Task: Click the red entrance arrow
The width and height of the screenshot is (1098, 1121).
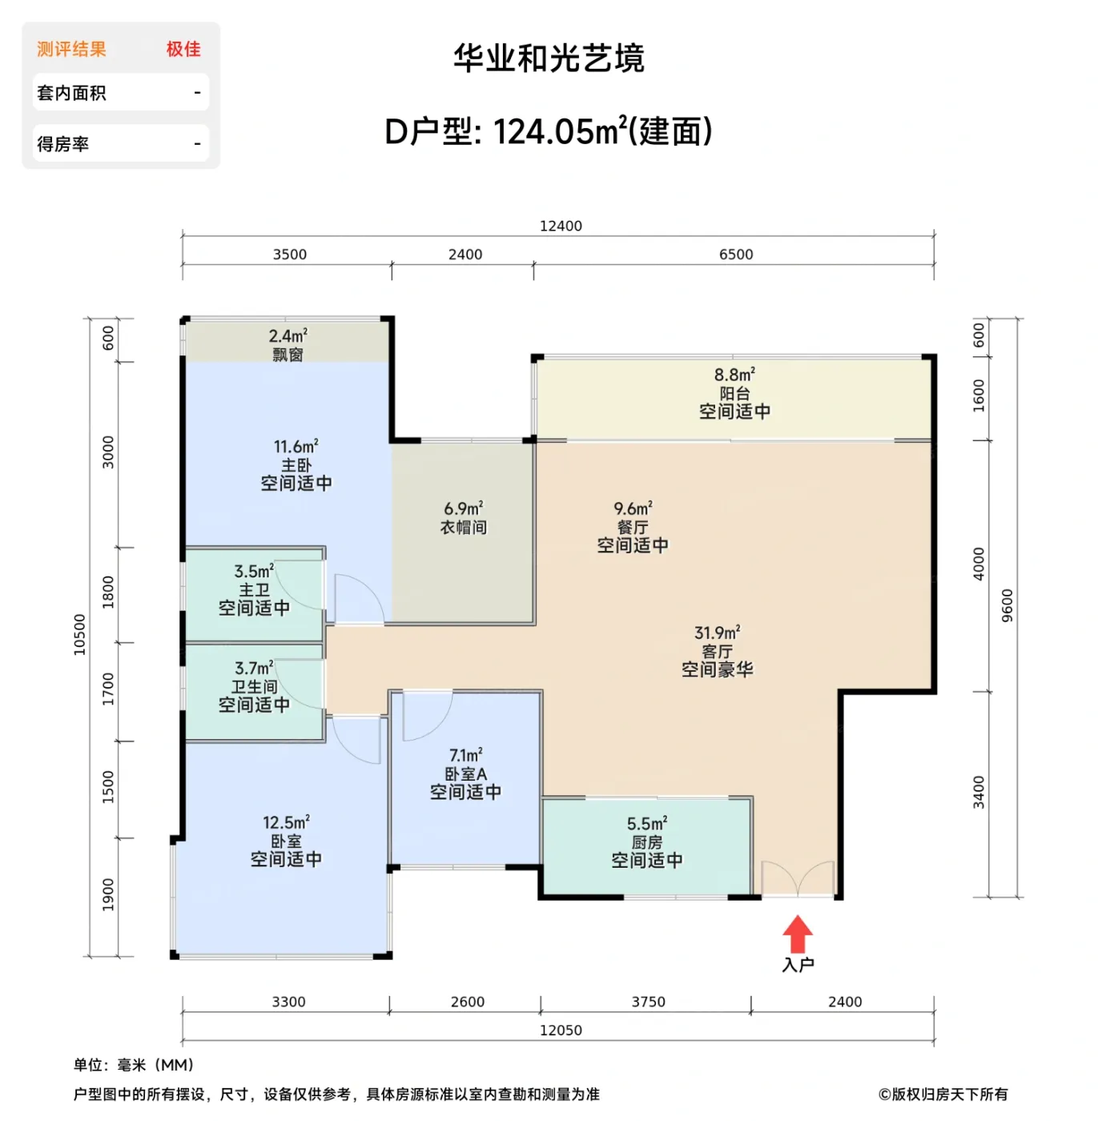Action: coord(797,934)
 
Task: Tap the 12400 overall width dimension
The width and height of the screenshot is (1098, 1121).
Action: coord(560,226)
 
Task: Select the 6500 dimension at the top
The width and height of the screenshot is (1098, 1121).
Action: coord(735,255)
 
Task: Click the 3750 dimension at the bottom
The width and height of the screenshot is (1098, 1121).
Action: coord(648,1002)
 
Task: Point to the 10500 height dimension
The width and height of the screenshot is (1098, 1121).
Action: coord(79,635)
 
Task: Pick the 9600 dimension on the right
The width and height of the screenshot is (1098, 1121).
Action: coord(1007,605)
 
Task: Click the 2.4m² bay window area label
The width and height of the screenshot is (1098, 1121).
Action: coord(288,337)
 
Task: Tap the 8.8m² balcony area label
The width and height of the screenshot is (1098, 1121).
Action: coord(734,375)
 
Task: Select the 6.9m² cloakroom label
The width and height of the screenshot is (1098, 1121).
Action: coord(463,509)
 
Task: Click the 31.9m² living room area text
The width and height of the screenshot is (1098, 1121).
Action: coord(717,633)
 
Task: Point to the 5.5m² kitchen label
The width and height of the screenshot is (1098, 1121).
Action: coord(646,824)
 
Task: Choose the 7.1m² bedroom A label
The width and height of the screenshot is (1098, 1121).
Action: coord(465,755)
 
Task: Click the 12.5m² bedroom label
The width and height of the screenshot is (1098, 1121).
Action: coord(286,823)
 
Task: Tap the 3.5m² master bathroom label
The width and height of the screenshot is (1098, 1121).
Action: coord(254,572)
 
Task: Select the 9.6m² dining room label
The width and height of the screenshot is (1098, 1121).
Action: coord(633,508)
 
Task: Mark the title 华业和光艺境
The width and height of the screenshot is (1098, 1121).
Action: coord(549,58)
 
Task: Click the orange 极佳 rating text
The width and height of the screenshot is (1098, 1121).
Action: coord(183,49)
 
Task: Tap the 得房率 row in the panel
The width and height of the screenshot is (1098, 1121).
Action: coord(120,144)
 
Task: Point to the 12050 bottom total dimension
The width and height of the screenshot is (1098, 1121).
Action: coord(560,1031)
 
